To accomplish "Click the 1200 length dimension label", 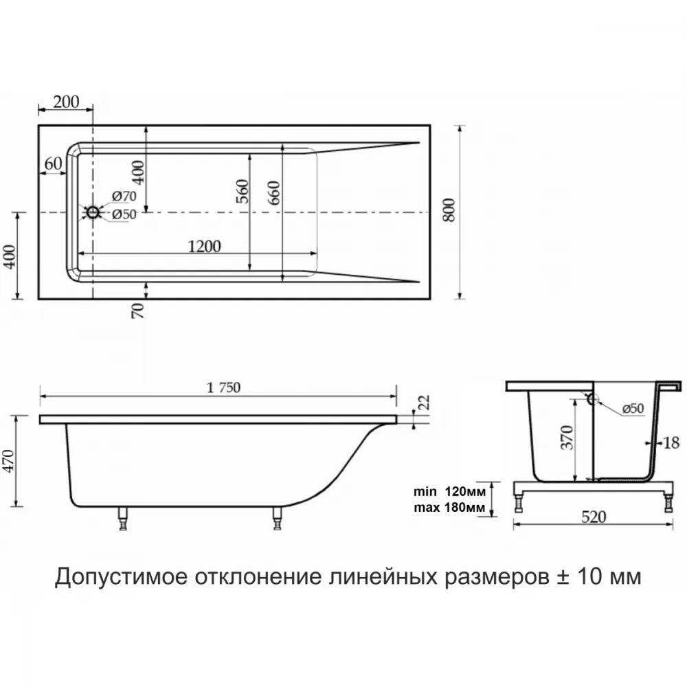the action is (204, 246).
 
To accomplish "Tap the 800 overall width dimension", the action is (449, 210).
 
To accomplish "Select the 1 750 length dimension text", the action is (223, 387).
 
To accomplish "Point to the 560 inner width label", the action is (243, 191).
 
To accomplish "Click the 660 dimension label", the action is (273, 192).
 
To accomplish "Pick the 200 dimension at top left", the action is (66, 102).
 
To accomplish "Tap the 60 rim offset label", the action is (54, 164).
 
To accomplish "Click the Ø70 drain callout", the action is (124, 196).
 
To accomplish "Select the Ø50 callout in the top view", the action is (124, 214).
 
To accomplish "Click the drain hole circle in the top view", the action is (93, 212).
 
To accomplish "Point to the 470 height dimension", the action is (9, 460).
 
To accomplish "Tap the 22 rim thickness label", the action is (425, 402).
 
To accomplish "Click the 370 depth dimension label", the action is (567, 437).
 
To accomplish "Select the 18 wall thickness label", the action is (671, 443).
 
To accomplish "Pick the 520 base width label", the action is (594, 517).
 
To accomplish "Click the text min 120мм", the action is (449, 492).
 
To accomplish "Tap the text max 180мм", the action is (449, 508).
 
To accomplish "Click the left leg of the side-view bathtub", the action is (123, 519).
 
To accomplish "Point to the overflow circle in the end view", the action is (592, 398).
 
